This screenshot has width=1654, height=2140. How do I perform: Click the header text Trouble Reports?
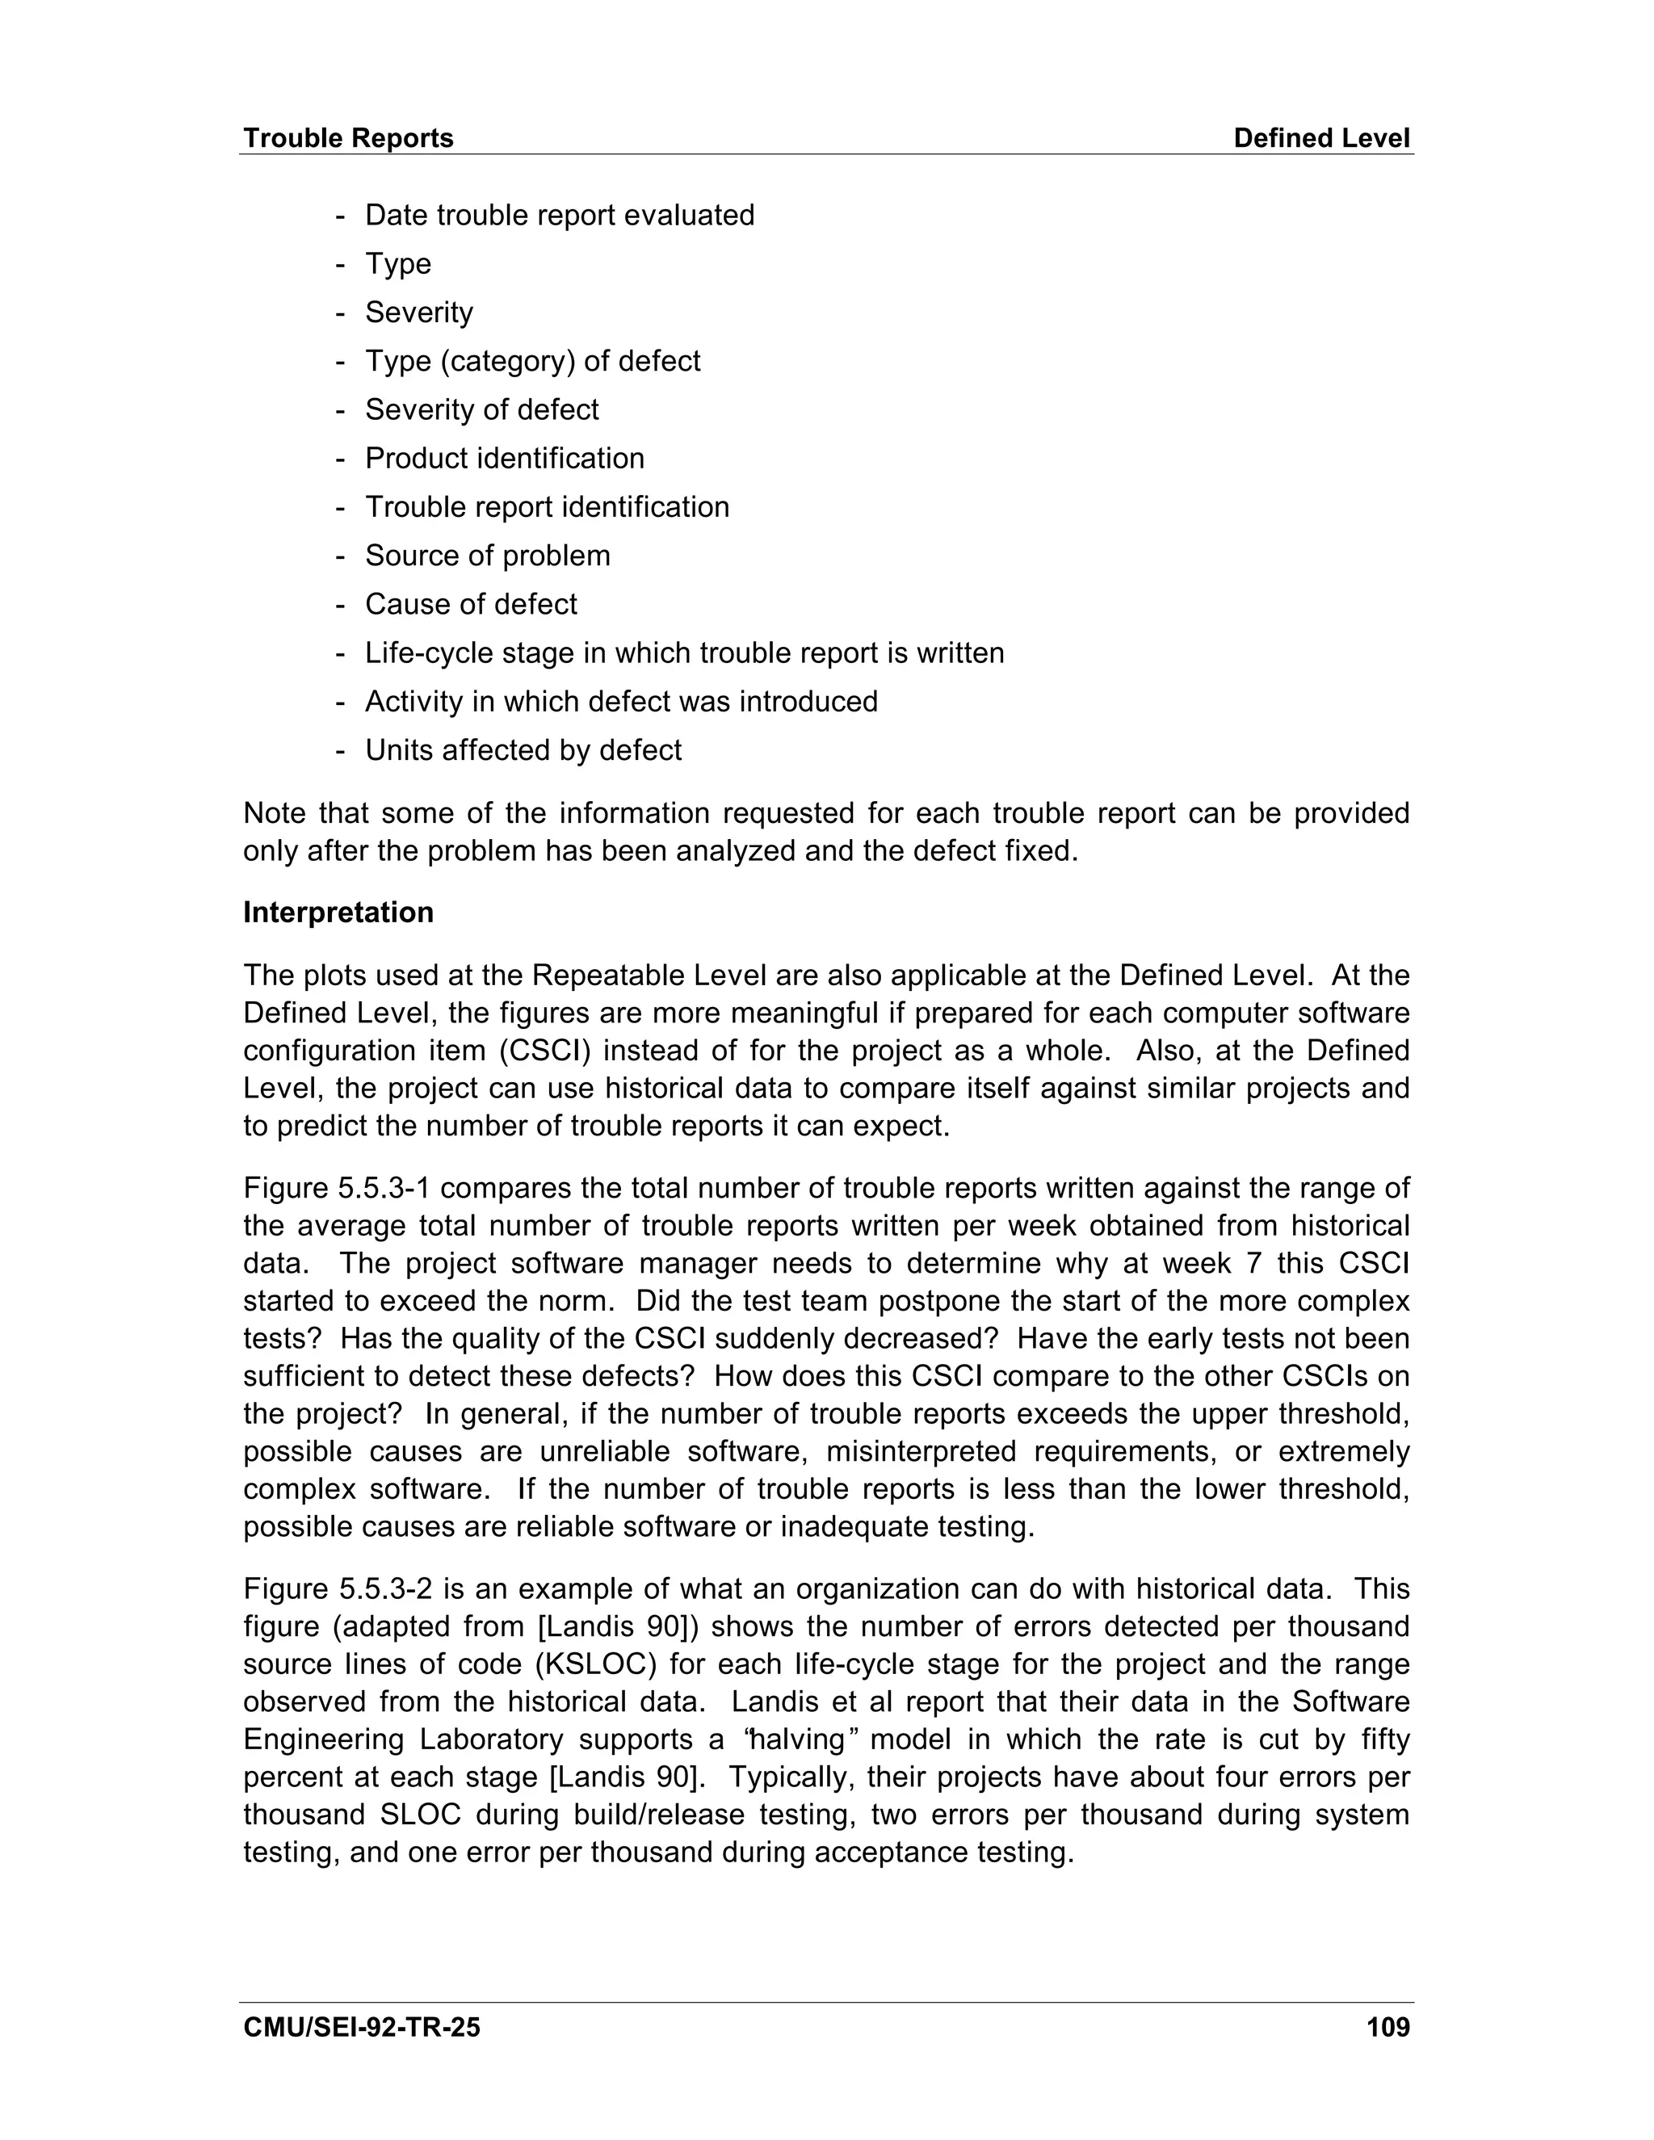(x=348, y=138)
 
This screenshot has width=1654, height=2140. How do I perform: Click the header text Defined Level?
(x=1320, y=138)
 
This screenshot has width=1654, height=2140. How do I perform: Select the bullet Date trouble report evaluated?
(x=560, y=216)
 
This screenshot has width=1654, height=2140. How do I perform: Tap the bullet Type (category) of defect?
(x=532, y=362)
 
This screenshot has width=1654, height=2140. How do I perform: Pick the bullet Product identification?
(x=505, y=459)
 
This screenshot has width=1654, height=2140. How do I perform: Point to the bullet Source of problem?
(x=487, y=556)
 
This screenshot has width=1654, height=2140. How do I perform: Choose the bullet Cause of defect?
(x=470, y=605)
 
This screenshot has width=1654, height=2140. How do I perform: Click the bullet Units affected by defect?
(x=523, y=750)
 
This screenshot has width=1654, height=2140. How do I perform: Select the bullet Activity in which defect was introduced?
(x=621, y=702)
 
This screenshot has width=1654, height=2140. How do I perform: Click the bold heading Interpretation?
(x=338, y=913)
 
